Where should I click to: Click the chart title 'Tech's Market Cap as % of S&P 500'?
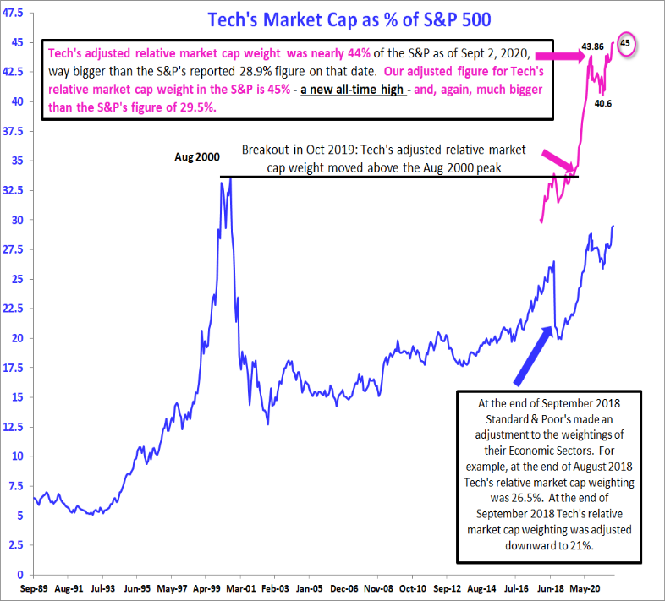349,20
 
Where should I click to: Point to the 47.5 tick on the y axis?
14,13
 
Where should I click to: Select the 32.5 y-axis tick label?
14,190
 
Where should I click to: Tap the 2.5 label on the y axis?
16,544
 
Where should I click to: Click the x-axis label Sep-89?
34,588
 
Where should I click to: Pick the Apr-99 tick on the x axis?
206,588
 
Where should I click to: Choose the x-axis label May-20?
585,588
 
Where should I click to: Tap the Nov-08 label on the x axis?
379,588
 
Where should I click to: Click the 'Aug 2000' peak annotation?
197,157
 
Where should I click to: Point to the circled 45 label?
625,43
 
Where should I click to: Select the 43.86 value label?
592,46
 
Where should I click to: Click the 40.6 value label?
603,103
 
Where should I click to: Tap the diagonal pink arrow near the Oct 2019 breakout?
558,161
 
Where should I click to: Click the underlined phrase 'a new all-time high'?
352,90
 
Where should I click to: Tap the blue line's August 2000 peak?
230,178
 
